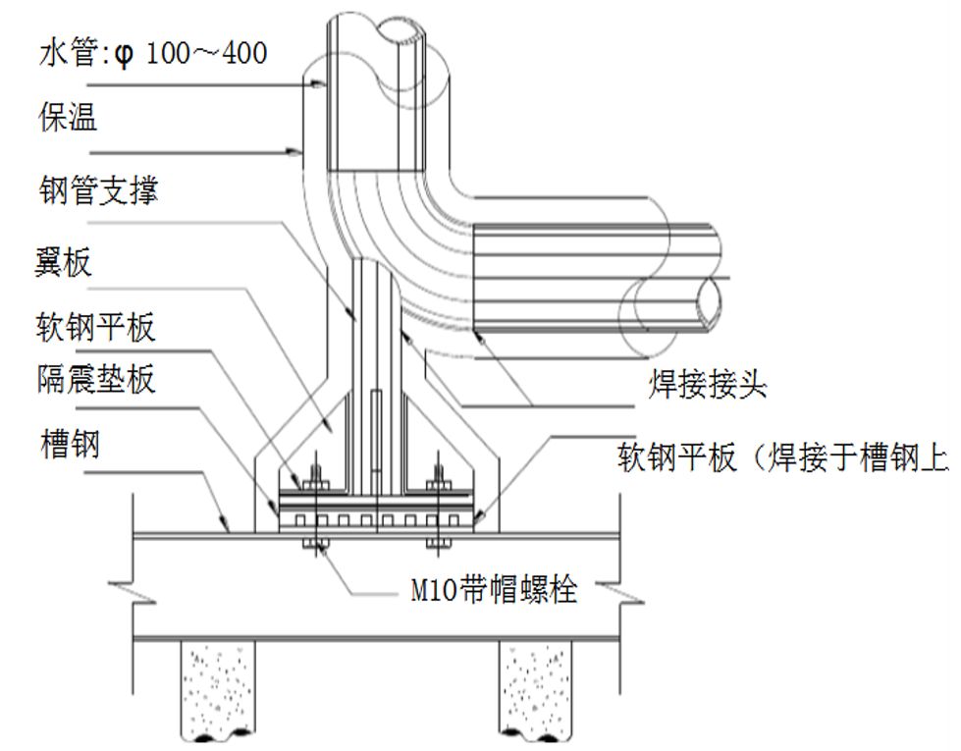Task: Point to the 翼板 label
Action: tap(64, 262)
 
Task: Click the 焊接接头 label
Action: tap(707, 386)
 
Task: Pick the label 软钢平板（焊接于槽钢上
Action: tap(785, 457)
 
